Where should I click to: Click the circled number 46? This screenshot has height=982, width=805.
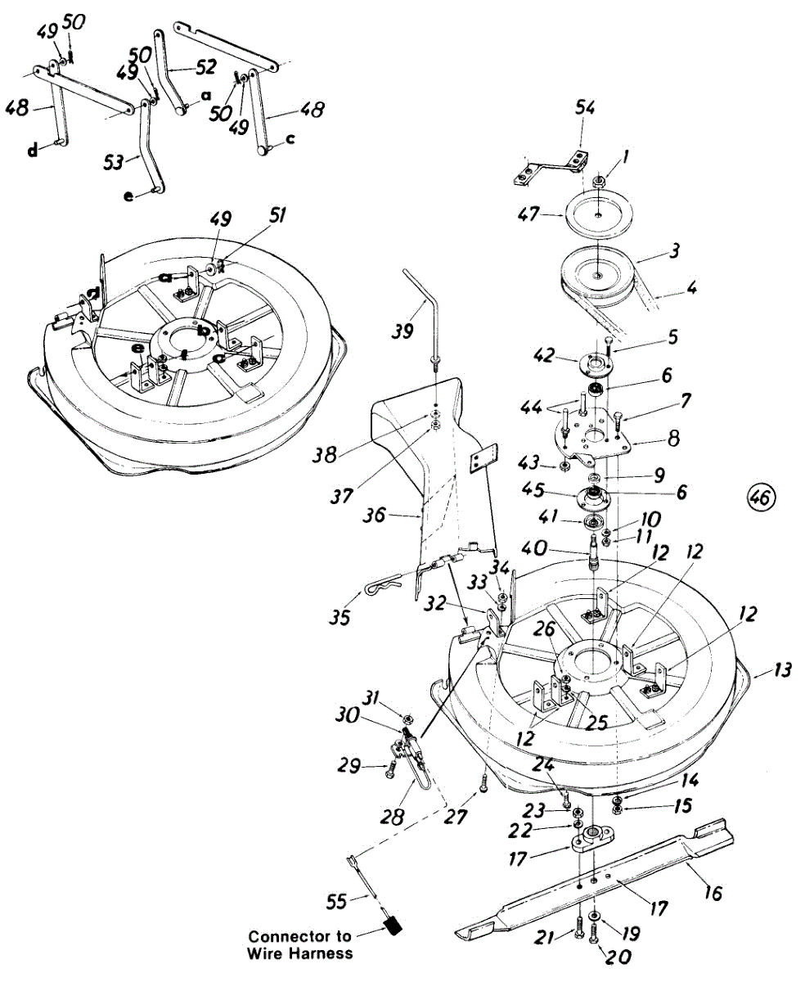(760, 496)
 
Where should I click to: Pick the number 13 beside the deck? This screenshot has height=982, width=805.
(782, 671)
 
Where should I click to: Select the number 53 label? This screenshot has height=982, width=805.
(115, 161)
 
